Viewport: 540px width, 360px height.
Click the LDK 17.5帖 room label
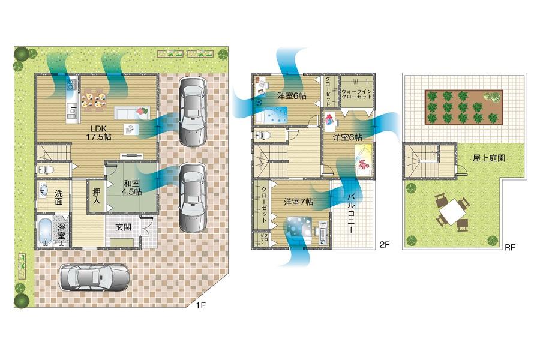pos(100,133)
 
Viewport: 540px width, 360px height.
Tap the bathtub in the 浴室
pos(46,232)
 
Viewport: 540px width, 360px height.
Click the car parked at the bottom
pos(95,278)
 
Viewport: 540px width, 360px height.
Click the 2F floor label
pos(385,244)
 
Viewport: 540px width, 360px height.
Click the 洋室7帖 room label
pos(298,202)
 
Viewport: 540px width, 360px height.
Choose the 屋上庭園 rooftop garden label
pos(488,158)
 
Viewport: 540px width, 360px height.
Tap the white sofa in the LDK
pos(128,113)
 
